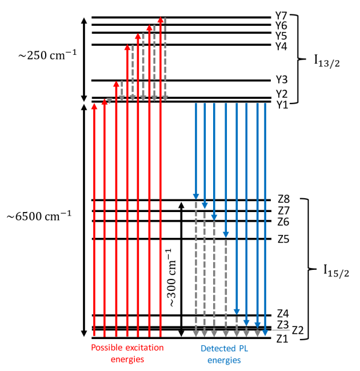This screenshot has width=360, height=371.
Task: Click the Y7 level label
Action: click(x=281, y=16)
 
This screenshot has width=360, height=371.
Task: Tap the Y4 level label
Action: click(x=281, y=46)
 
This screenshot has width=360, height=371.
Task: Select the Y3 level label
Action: click(x=282, y=79)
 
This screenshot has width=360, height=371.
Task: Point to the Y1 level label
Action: click(x=282, y=105)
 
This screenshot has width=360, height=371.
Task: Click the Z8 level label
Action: click(x=284, y=199)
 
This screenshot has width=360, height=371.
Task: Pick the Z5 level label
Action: click(x=284, y=239)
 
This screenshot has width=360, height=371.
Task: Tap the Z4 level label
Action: click(x=283, y=314)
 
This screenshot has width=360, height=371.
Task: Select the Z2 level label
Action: click(x=297, y=330)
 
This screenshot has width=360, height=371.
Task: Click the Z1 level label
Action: click(x=282, y=339)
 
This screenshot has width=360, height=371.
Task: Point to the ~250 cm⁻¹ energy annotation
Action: click(x=48, y=55)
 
